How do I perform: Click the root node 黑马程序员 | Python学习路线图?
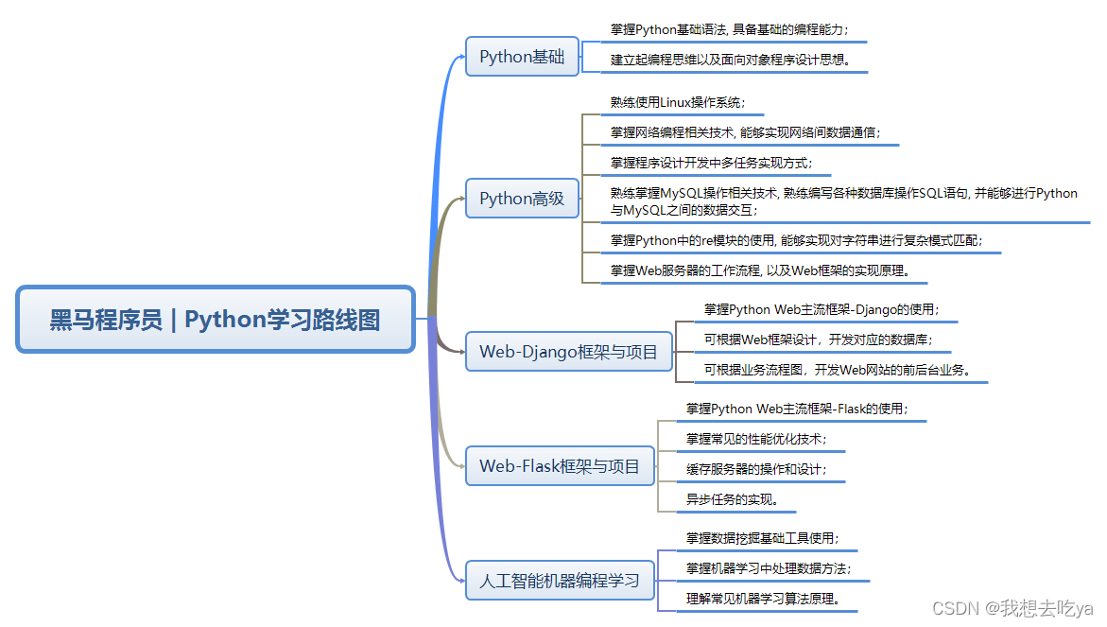216,320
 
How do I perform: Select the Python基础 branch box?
522,57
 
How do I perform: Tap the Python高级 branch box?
522,199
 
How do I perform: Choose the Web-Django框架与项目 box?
568,352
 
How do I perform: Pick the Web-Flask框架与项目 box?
560,466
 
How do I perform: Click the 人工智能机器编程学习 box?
560,580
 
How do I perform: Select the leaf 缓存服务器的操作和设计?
756,469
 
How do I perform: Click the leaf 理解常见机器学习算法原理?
763,599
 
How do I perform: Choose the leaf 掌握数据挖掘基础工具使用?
762,538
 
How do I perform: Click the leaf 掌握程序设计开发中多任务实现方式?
711,163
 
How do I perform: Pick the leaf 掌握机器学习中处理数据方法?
768,568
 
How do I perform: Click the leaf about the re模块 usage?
796,241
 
